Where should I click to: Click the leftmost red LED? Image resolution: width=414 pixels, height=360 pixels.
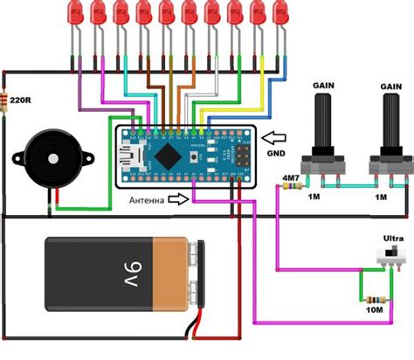[x=75, y=12]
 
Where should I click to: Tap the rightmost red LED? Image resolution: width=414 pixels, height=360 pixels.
[x=279, y=12]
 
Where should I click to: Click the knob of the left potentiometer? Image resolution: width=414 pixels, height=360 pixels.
[x=323, y=122]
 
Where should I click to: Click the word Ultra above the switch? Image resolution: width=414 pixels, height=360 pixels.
[x=394, y=238]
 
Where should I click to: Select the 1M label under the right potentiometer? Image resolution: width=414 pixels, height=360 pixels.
[x=382, y=198]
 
